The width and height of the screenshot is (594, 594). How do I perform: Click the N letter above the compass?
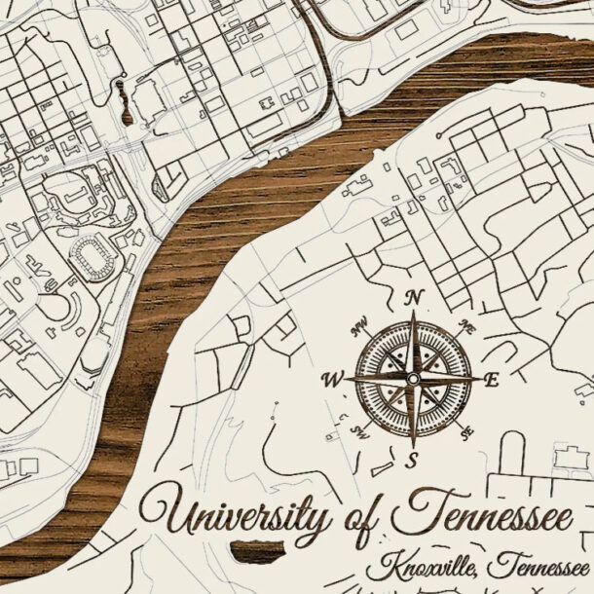(414, 297)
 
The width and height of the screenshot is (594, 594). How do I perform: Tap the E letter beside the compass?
(491, 381)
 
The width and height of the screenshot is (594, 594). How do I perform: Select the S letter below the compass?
(412, 460)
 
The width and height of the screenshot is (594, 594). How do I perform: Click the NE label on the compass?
(467, 330)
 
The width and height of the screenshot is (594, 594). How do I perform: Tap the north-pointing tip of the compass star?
(414, 315)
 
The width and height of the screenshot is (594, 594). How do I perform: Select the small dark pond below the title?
(257, 552)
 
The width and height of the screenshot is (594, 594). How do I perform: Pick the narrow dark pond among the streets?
(126, 105)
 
